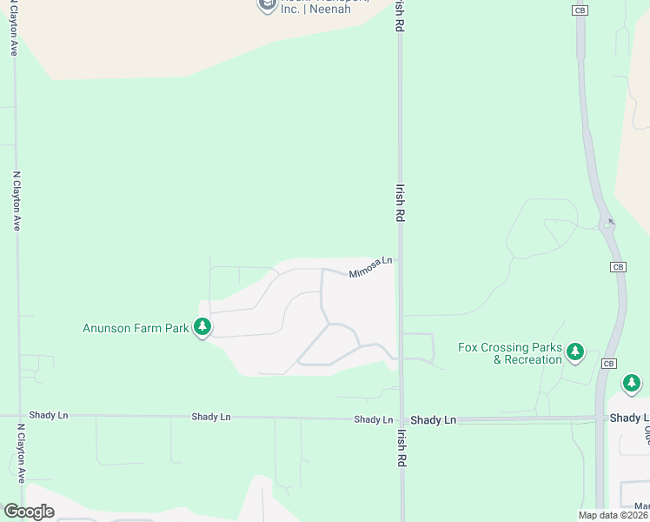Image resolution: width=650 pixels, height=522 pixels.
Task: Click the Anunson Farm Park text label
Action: (136, 328)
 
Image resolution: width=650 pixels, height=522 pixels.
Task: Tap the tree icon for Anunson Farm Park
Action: (202, 327)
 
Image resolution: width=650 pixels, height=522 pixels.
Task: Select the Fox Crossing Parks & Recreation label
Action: (510, 354)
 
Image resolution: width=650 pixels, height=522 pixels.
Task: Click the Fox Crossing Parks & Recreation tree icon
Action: (574, 351)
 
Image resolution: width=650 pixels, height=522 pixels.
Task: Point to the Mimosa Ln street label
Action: (371, 266)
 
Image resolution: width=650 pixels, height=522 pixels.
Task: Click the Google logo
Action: (29, 512)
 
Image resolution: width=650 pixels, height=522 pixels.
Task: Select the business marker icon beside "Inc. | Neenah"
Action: (267, 5)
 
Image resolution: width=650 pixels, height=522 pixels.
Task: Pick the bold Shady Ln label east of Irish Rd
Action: (433, 420)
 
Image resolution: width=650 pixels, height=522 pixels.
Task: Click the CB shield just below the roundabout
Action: (618, 266)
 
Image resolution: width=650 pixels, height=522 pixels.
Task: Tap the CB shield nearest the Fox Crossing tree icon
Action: (608, 363)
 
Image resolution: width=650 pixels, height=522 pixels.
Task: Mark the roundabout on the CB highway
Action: (607, 225)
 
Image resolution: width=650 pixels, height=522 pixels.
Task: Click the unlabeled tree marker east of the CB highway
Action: (632, 383)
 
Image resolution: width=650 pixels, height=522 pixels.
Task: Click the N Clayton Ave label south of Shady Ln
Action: (18, 453)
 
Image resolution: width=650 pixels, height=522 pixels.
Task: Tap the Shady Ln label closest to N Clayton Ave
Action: (48, 416)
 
